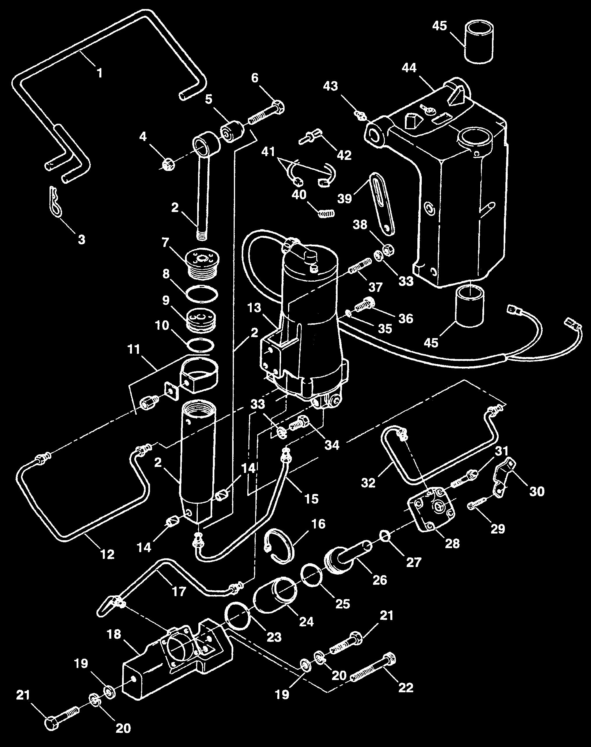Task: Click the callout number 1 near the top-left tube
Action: click(x=99, y=73)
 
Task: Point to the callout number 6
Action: click(x=255, y=78)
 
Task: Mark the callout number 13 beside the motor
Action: click(x=254, y=308)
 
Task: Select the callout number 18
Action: click(x=114, y=634)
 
